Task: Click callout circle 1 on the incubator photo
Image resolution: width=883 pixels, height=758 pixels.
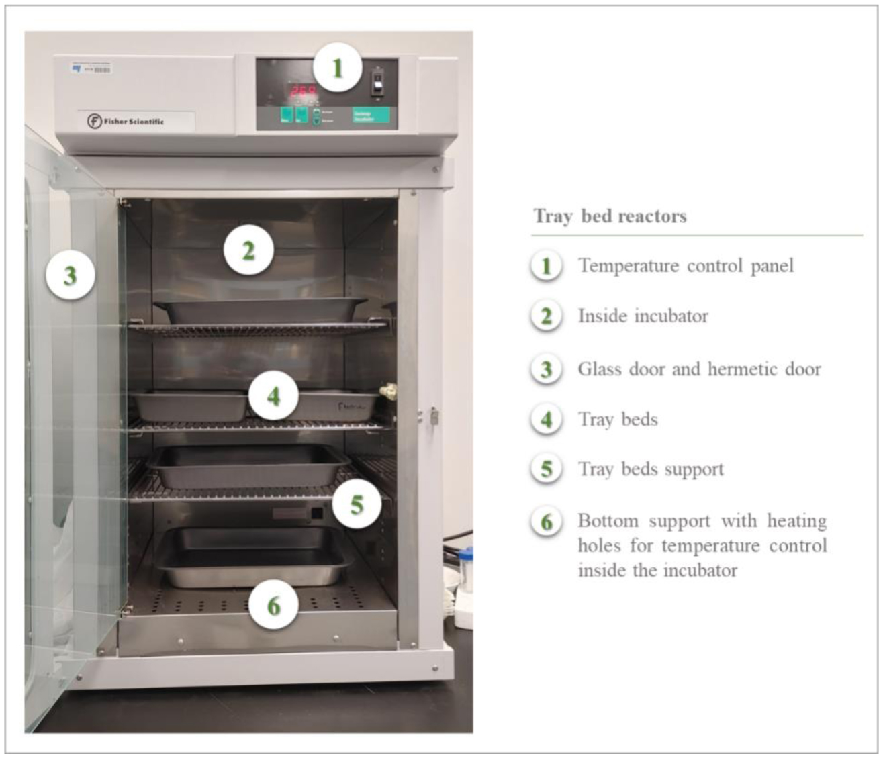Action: click(x=337, y=68)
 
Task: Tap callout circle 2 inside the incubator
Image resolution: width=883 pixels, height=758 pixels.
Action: click(x=248, y=251)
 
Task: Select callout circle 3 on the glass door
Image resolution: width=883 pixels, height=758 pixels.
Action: click(x=71, y=275)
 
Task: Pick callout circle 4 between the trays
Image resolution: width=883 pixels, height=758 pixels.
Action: click(x=273, y=396)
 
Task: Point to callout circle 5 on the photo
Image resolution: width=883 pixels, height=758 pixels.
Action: click(x=357, y=504)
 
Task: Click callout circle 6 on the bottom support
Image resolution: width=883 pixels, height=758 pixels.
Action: click(x=273, y=606)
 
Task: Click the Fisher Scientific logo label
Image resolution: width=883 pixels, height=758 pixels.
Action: click(x=126, y=121)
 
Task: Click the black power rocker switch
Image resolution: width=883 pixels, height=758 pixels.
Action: click(x=377, y=83)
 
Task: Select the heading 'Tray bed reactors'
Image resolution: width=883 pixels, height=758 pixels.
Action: click(x=610, y=216)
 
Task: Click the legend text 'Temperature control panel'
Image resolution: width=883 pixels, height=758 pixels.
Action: click(x=686, y=266)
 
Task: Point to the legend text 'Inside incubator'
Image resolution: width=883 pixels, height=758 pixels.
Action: click(x=643, y=316)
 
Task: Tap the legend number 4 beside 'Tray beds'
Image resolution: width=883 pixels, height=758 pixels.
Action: click(x=547, y=420)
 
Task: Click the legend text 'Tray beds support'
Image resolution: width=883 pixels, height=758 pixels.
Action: click(x=651, y=469)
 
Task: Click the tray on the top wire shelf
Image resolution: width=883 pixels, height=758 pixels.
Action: click(x=260, y=310)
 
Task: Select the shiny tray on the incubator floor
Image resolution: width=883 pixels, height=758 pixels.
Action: click(x=255, y=556)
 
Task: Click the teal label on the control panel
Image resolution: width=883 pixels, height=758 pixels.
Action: click(x=371, y=116)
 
